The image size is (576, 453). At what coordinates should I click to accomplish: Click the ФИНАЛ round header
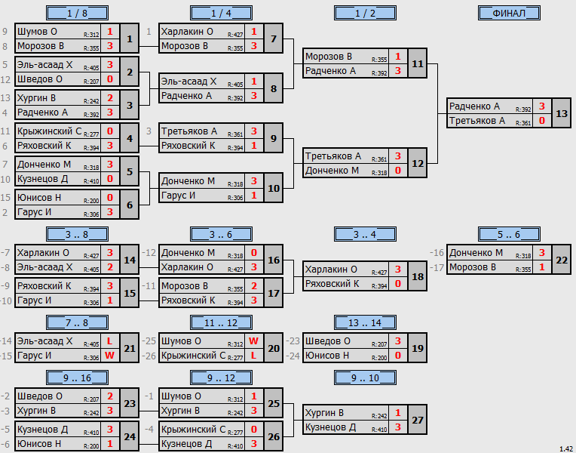(x=509, y=14)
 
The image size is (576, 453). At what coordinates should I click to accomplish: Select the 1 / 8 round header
(x=77, y=14)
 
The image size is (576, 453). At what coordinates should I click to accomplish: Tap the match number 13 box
(x=562, y=113)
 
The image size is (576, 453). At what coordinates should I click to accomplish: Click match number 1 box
(x=130, y=39)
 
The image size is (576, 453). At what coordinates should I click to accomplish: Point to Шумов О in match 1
(x=37, y=32)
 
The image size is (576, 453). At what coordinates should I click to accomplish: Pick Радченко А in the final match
(x=474, y=106)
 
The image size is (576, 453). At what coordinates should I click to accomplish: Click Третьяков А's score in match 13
(x=542, y=121)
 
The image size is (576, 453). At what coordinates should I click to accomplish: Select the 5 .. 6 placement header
(x=509, y=234)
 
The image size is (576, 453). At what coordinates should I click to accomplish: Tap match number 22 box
(x=562, y=260)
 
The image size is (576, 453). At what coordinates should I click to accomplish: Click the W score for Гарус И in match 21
(x=109, y=356)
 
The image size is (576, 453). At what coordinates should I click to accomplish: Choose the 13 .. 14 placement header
(x=365, y=322)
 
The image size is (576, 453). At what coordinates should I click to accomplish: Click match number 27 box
(x=418, y=420)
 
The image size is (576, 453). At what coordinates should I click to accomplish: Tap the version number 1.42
(x=566, y=449)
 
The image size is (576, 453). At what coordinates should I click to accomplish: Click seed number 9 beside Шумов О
(x=5, y=32)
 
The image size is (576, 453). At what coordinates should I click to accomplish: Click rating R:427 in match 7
(x=235, y=35)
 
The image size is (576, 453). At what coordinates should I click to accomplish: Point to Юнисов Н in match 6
(x=39, y=198)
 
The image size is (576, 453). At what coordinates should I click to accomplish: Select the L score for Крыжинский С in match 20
(x=253, y=356)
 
